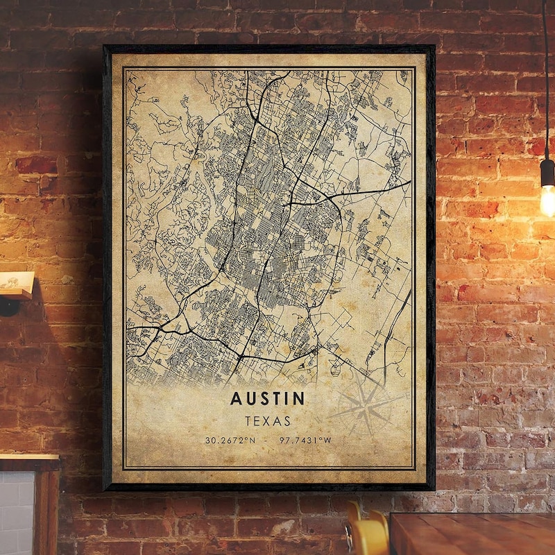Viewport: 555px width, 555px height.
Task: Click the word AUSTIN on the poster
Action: tap(266, 398)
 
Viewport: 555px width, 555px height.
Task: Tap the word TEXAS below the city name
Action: tap(267, 420)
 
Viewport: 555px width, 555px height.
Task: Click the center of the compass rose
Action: tap(366, 403)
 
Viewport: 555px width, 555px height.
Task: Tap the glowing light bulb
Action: tap(548, 200)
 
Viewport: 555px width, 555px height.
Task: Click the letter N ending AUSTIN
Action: tap(299, 398)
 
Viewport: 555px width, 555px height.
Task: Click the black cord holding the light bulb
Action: tap(547, 76)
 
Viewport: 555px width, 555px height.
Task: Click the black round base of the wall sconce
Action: tap(8, 306)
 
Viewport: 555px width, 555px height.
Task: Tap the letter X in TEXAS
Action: tap(267, 420)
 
